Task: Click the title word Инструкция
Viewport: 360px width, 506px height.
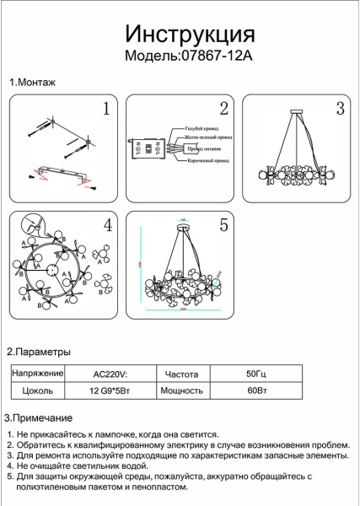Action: [x=191, y=33]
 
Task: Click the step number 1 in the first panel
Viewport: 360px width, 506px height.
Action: [x=106, y=109]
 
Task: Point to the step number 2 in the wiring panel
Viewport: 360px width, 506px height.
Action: [x=223, y=109]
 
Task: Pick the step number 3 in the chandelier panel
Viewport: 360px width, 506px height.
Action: [x=340, y=109]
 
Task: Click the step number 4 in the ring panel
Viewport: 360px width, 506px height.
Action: [x=107, y=225]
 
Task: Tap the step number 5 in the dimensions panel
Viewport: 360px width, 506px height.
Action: [x=223, y=225]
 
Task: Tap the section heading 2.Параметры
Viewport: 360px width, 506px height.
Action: [x=39, y=352]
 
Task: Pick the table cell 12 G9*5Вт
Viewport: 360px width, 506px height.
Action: [x=110, y=391]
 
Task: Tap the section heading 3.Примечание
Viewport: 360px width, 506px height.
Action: [x=39, y=418]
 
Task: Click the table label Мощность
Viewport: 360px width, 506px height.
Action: [x=180, y=391]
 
